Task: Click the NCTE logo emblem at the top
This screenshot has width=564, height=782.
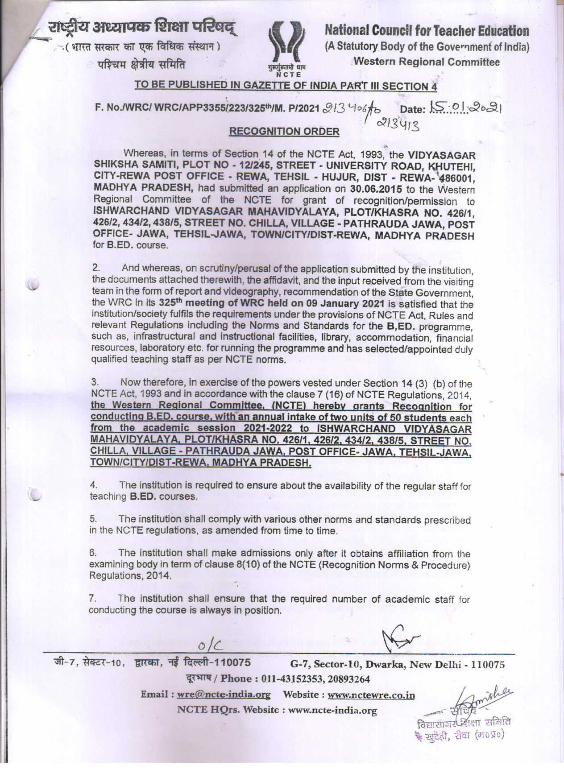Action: click(x=286, y=45)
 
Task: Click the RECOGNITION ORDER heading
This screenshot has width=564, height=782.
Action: click(x=284, y=131)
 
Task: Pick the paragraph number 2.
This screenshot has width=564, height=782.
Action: click(x=96, y=268)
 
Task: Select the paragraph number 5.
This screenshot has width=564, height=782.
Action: click(x=94, y=519)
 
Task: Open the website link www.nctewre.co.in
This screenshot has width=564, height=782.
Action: click(x=371, y=695)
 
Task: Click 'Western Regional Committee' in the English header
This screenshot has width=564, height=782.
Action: click(x=426, y=62)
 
